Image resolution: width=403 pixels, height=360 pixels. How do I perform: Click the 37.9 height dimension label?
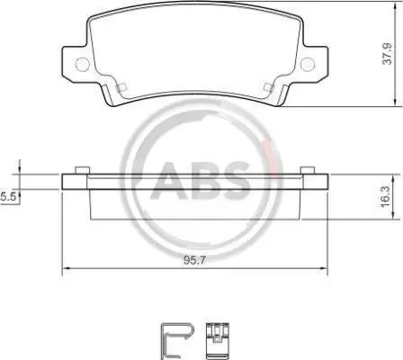[x=387, y=54]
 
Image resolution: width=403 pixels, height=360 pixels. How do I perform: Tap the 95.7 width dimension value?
[x=194, y=260]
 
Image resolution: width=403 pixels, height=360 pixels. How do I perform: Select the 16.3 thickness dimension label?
[x=385, y=196]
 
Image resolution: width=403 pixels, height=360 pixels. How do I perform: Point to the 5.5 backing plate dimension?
[x=7, y=197]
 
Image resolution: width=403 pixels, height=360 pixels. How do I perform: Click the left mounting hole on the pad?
[x=83, y=64]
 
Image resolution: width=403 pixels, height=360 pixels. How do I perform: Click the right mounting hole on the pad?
[x=308, y=64]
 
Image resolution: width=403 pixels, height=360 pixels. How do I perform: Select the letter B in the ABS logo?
[x=201, y=181]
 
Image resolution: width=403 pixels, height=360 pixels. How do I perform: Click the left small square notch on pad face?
[x=121, y=87]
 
